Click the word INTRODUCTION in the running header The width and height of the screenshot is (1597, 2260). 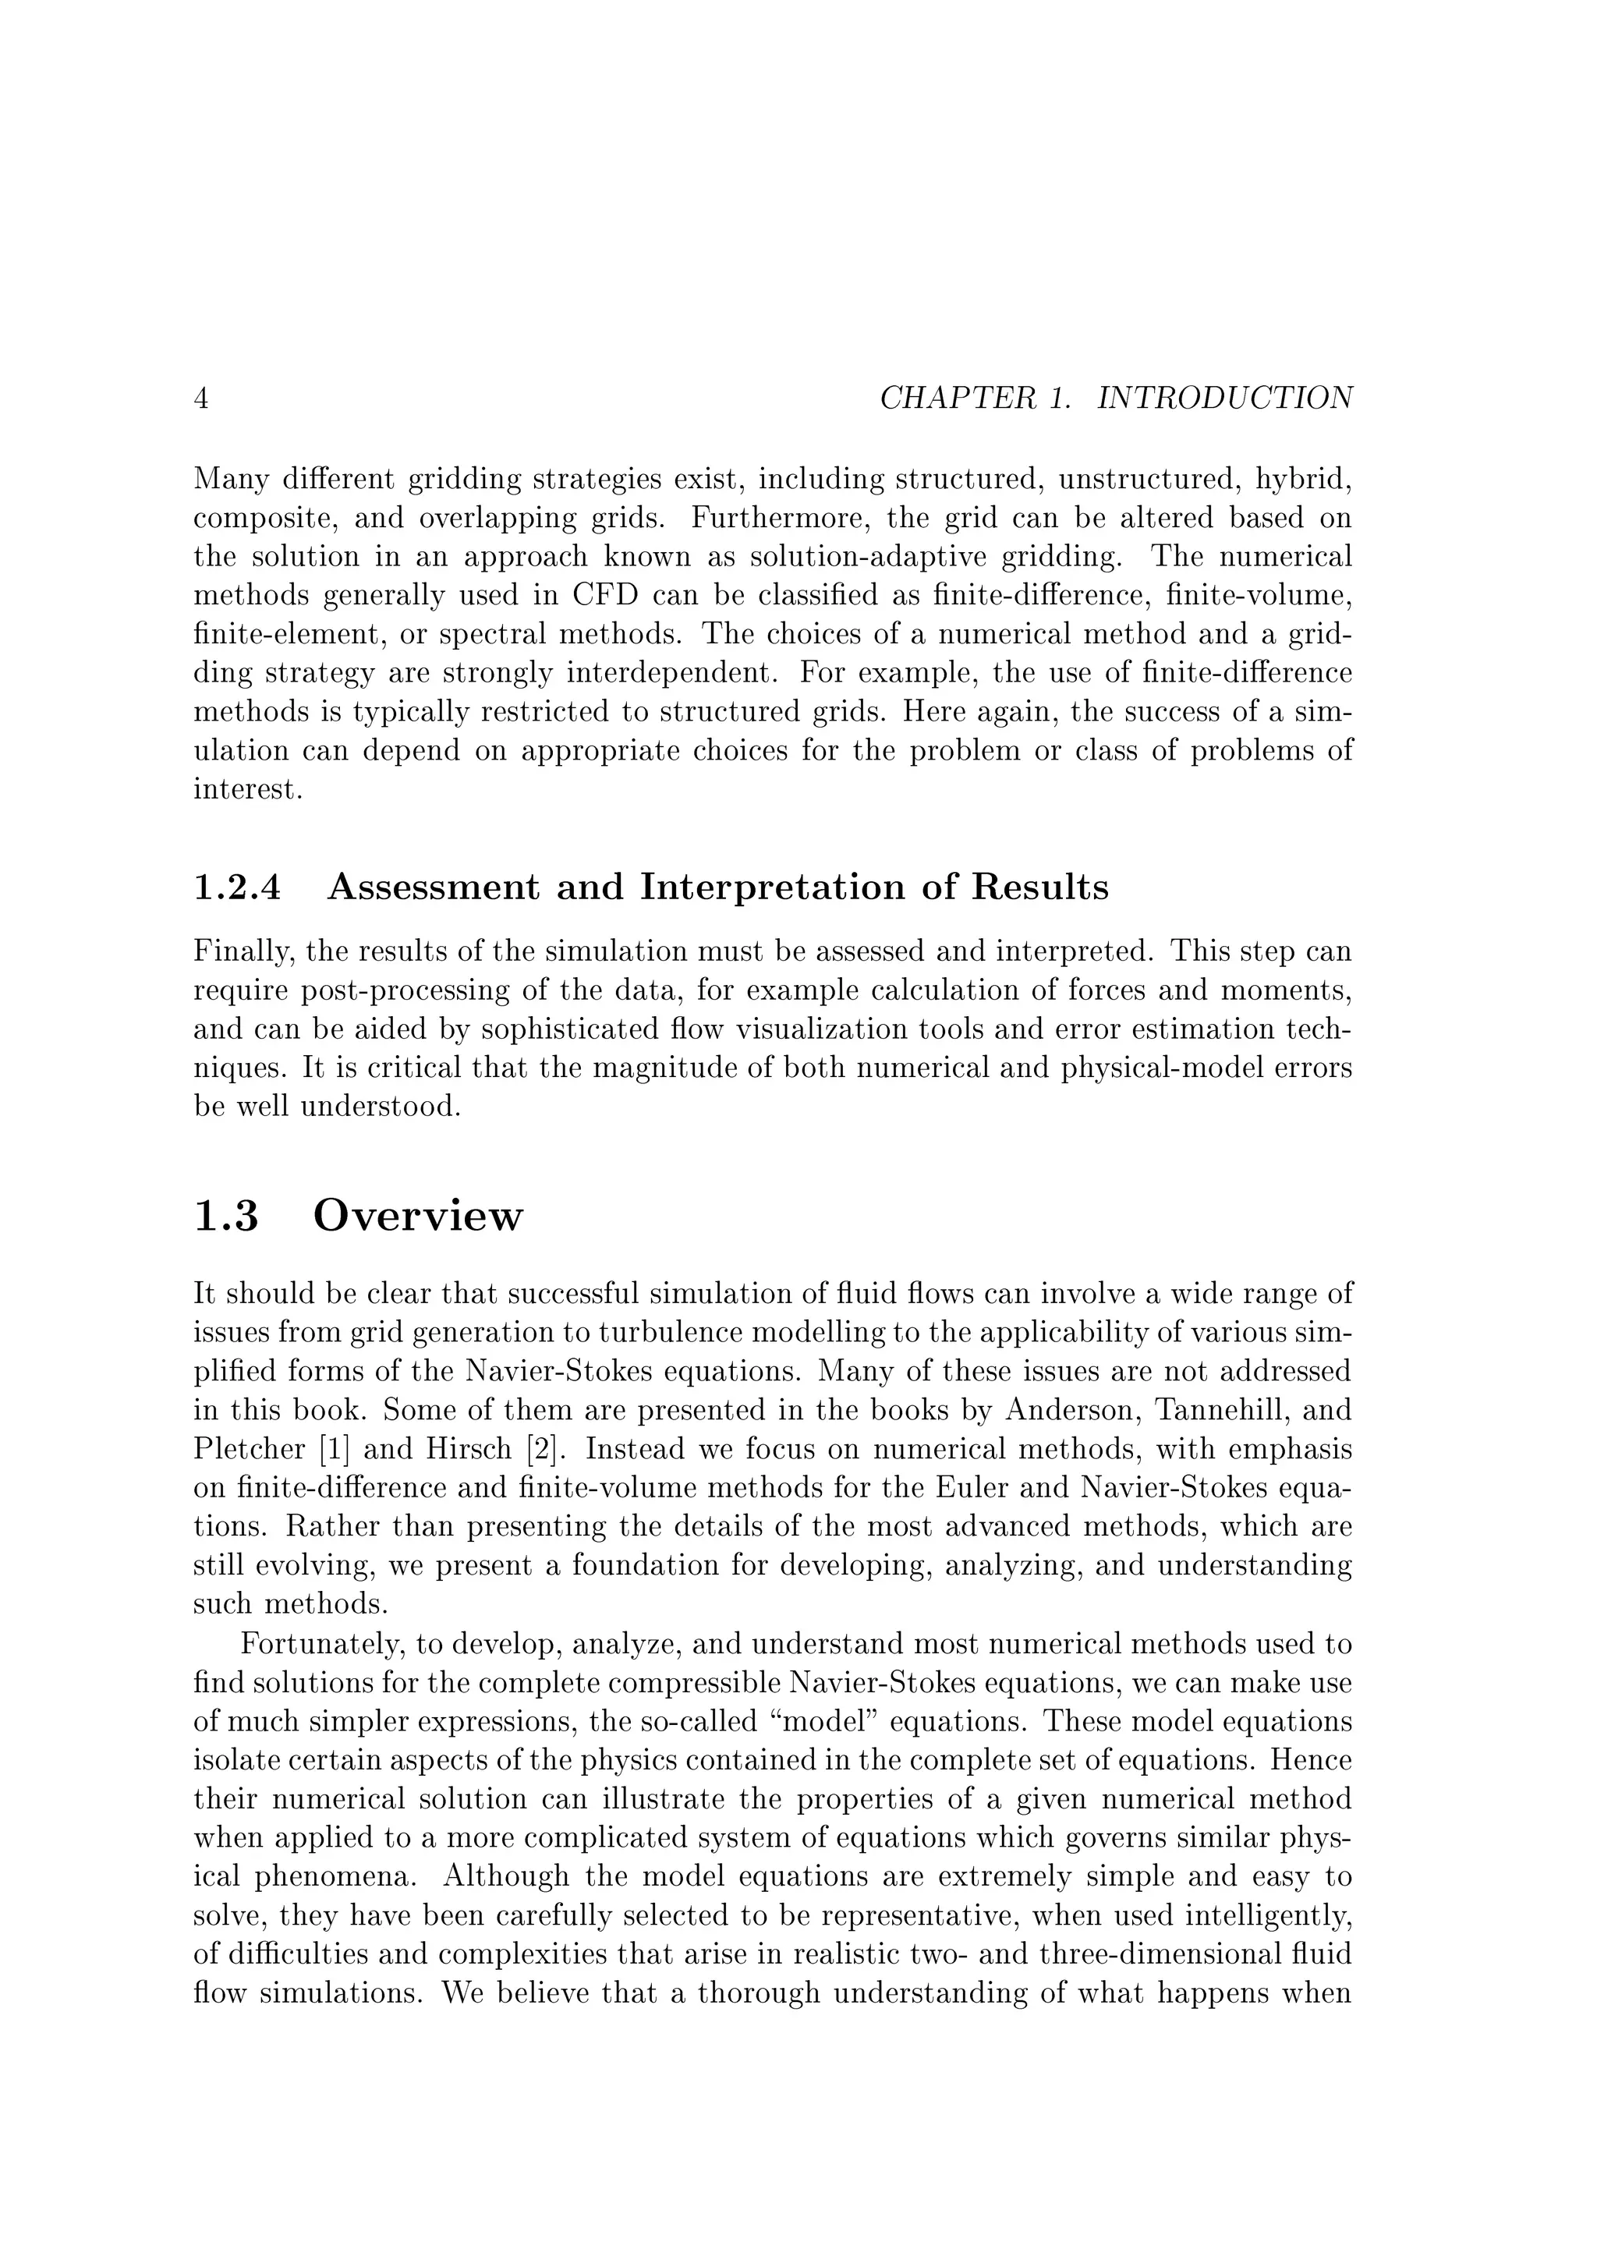1224,399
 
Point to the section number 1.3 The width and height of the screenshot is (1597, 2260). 226,1217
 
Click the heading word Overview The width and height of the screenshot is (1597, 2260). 418,1217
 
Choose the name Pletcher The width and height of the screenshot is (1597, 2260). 237,1450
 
